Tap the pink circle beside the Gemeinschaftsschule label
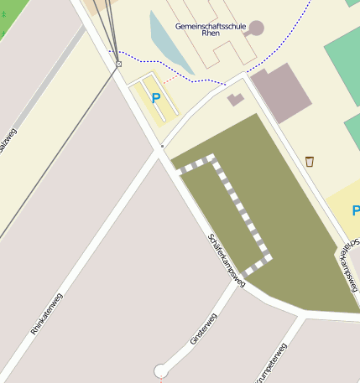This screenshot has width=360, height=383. pos(256,28)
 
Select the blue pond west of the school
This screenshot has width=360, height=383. pos(168,42)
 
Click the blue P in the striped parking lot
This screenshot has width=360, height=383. pos(155,98)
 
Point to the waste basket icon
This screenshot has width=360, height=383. pos(310,161)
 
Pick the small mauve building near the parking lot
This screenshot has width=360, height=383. pos(236,100)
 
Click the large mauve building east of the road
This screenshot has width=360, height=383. pos(280,93)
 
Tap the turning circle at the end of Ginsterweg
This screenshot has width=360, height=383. pos(161,370)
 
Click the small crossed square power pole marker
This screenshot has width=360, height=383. pos(118,64)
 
